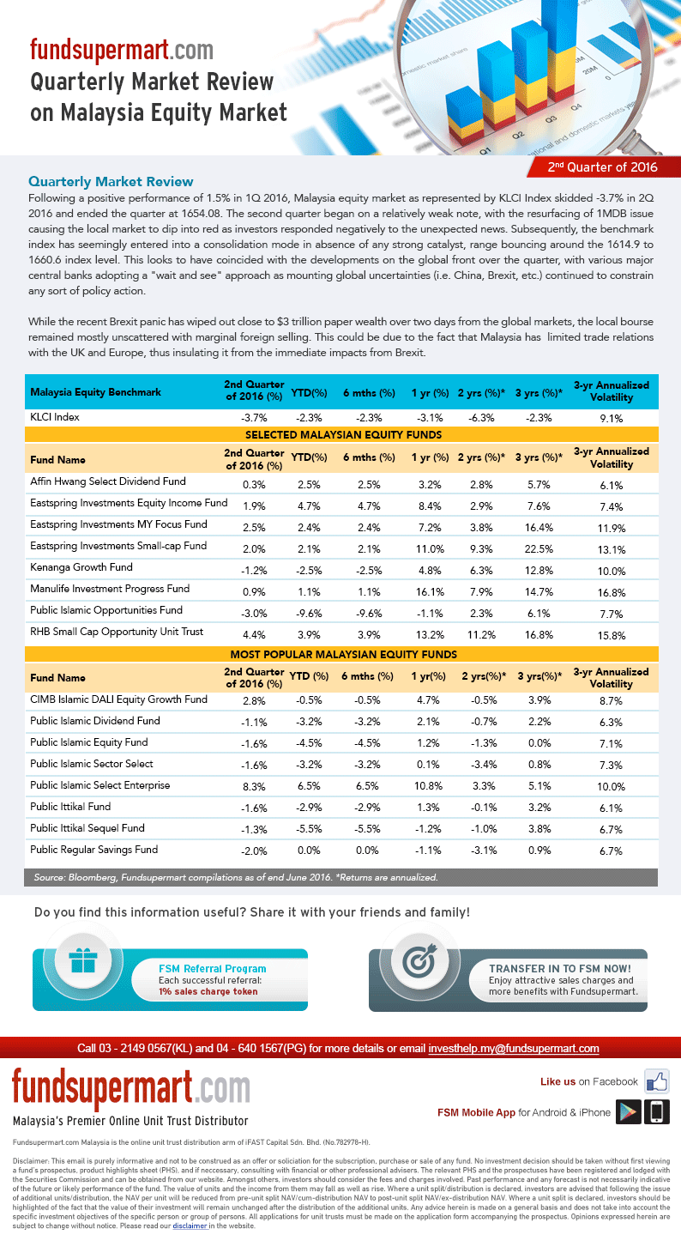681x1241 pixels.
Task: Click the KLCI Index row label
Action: [55, 417]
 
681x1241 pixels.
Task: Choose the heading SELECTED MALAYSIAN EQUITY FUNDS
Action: [343, 435]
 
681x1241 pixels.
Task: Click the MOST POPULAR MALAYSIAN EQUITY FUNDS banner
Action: [343, 655]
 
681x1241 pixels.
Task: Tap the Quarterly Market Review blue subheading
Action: [111, 182]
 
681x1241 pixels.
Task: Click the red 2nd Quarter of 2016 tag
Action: [602, 166]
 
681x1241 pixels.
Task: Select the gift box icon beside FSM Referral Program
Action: [83, 961]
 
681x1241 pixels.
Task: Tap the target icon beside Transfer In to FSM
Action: [420, 961]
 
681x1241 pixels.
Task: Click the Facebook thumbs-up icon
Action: [657, 1081]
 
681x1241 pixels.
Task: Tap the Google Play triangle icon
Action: [630, 1111]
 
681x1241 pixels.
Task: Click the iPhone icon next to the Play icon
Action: [657, 1111]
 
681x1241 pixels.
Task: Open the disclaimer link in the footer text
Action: [189, 1226]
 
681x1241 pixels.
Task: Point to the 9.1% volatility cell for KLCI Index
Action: [612, 419]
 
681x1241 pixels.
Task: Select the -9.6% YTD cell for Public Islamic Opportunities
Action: [309, 612]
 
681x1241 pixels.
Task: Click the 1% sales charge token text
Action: [208, 991]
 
